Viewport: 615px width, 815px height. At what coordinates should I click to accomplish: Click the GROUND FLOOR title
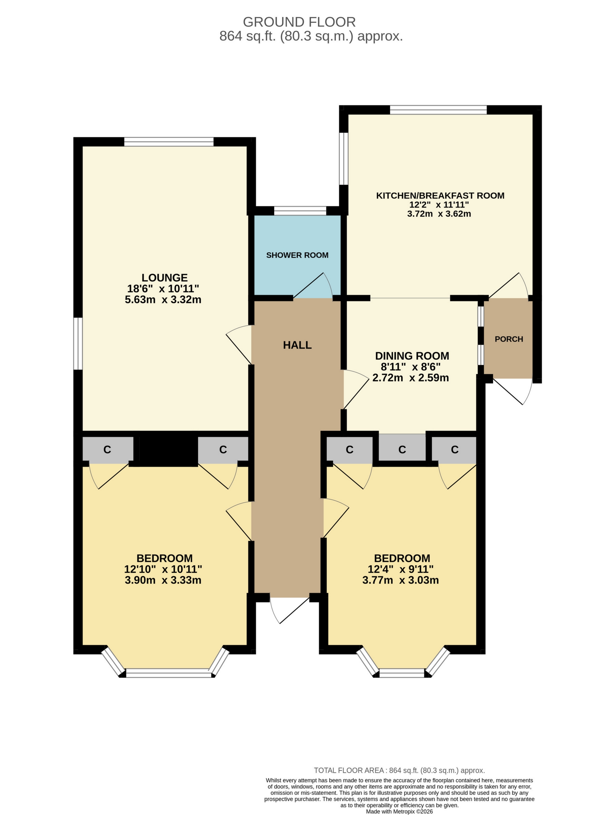[299, 22]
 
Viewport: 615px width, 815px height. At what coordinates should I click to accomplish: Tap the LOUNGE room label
[164, 278]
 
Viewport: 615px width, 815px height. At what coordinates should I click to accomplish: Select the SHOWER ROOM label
[297, 255]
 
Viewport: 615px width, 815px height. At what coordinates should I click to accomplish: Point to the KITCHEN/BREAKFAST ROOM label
[440, 196]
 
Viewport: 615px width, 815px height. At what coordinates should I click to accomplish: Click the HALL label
[297, 345]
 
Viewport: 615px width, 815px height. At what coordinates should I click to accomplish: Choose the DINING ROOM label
[412, 356]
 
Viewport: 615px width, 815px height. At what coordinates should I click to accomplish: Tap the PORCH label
[508, 339]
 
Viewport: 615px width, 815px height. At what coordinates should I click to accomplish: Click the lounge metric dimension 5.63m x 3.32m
[163, 299]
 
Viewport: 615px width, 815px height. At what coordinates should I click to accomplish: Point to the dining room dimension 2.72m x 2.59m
[411, 378]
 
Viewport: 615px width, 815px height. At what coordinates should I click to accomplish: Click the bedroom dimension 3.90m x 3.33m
[163, 580]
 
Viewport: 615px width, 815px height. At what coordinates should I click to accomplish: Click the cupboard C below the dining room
[402, 449]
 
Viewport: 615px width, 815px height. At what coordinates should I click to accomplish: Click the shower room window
[300, 211]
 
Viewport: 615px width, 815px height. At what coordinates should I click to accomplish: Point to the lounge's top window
[168, 142]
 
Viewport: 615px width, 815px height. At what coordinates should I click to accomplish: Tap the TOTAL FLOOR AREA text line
[399, 770]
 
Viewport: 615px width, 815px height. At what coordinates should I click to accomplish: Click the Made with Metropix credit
[399, 811]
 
